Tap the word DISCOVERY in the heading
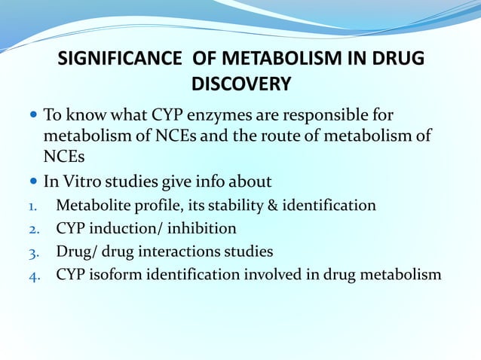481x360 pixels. click(x=240, y=84)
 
